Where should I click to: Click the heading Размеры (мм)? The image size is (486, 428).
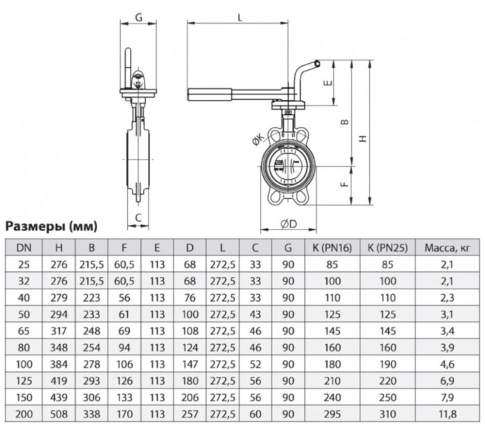point(51,226)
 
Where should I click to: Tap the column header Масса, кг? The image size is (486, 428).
point(448,246)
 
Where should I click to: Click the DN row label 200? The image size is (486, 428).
point(24,416)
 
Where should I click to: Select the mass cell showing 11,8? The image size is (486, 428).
point(448,416)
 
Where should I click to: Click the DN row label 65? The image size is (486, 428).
point(24,331)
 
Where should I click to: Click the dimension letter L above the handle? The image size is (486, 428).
point(240,17)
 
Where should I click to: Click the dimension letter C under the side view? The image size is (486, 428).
point(138,216)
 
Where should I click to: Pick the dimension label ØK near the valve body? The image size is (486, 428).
point(258,142)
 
